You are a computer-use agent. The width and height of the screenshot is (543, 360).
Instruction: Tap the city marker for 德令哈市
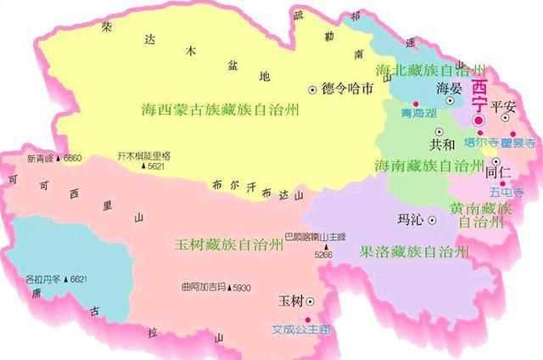point(312,87)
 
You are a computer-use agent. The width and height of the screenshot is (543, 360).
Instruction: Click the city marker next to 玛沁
point(431,219)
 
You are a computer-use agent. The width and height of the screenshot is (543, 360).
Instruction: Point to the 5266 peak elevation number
point(323,254)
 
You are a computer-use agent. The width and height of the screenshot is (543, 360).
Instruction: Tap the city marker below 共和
point(439,132)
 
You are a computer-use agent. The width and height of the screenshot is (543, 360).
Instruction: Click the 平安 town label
point(504,105)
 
